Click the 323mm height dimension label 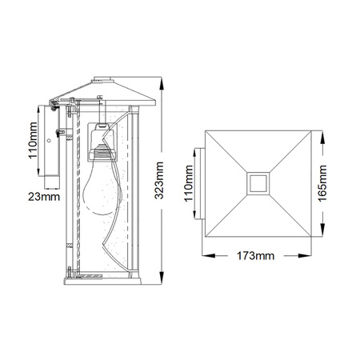click(x=159, y=180)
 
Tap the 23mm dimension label click(x=44, y=197)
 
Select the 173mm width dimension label click(x=255, y=256)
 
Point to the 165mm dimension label click(x=322, y=183)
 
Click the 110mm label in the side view click(x=33, y=141)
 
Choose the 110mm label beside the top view click(x=189, y=183)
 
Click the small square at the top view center click(x=258, y=183)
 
